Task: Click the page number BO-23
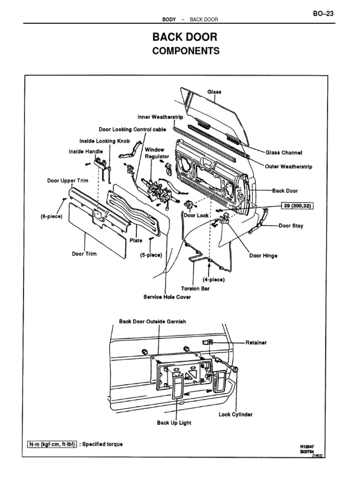(x=323, y=14)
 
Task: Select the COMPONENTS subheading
(x=186, y=51)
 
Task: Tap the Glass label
(x=215, y=92)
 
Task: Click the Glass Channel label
(x=284, y=152)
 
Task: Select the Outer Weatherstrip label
(x=288, y=166)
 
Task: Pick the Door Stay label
(x=291, y=225)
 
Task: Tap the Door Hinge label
(x=263, y=256)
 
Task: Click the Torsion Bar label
(x=195, y=289)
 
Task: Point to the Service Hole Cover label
(x=167, y=297)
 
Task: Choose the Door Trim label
(x=84, y=254)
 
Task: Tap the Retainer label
(x=256, y=343)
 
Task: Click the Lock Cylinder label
(x=236, y=414)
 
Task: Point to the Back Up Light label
(x=174, y=422)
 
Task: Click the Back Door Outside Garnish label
(x=152, y=322)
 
